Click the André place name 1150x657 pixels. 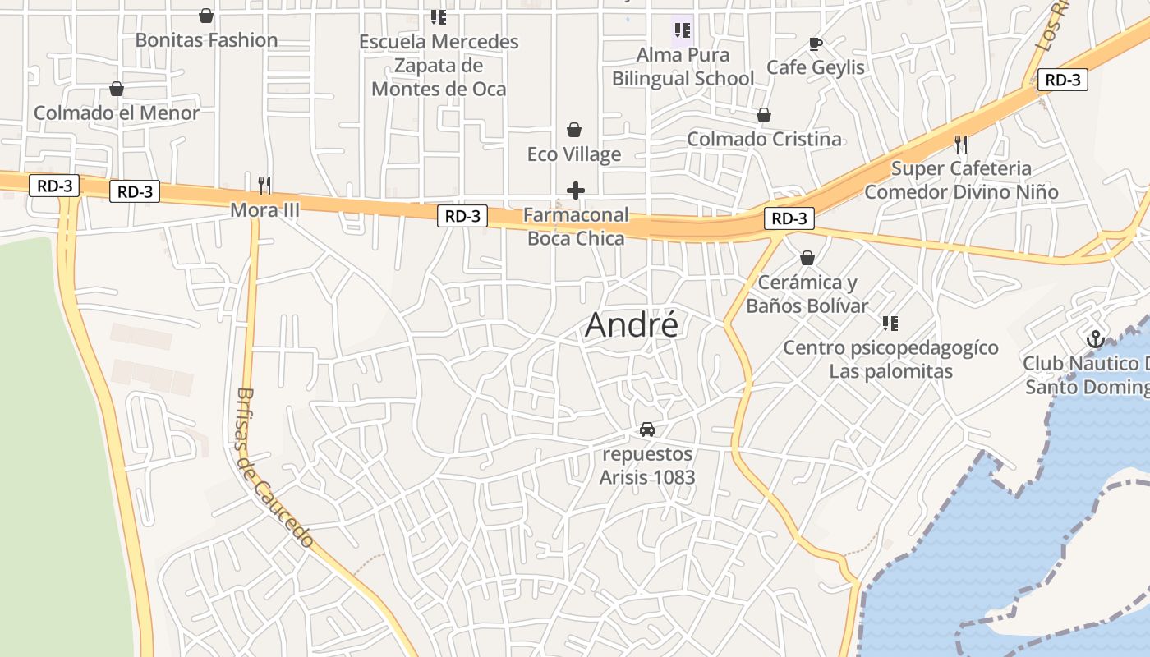pos(632,326)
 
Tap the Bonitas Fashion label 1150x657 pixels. pos(206,39)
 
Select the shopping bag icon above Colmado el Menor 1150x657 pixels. pos(117,89)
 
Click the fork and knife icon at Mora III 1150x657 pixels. pos(264,185)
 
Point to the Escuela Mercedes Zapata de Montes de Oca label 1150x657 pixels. pos(439,65)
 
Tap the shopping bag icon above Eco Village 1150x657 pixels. pos(574,130)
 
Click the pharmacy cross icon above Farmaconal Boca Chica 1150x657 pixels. pos(576,191)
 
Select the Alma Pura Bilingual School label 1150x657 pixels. pos(683,67)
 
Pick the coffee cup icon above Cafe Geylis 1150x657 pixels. pos(815,44)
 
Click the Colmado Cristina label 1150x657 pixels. pos(764,139)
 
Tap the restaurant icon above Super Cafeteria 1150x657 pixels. pos(961,145)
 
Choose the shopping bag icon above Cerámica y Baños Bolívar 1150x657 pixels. pos(807,258)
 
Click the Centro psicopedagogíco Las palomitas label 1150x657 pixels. pos(890,359)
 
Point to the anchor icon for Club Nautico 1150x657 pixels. pos(1094,338)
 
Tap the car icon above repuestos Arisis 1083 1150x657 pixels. pos(647,429)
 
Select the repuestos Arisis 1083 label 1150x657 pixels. pos(647,465)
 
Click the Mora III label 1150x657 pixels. pos(264,209)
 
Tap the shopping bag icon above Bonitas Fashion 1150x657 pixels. pos(206,16)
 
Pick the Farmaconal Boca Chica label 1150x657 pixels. pos(576,227)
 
